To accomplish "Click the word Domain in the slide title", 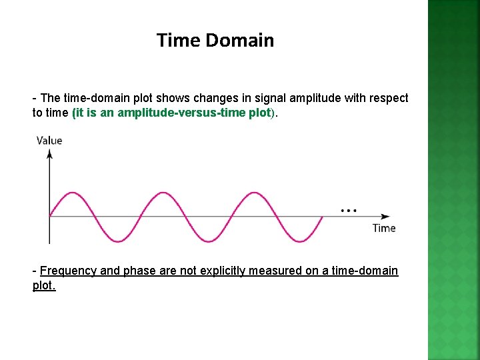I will tap(240, 41).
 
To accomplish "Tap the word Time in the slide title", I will tap(179, 41).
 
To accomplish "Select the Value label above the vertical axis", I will tap(49, 140).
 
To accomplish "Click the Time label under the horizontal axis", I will tap(384, 228).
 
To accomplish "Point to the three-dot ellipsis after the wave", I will tap(348, 210).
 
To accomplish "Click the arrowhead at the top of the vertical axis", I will tap(49, 153).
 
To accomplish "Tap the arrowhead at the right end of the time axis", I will tap(385, 216).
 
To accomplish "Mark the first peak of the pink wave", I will tap(72, 193).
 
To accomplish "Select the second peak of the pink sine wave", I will tap(163, 193).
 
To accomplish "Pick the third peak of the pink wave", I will tap(254, 193).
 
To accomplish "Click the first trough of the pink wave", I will tap(117, 240).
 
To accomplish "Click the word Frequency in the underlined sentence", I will tap(68, 271).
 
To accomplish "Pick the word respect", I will tap(389, 98).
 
